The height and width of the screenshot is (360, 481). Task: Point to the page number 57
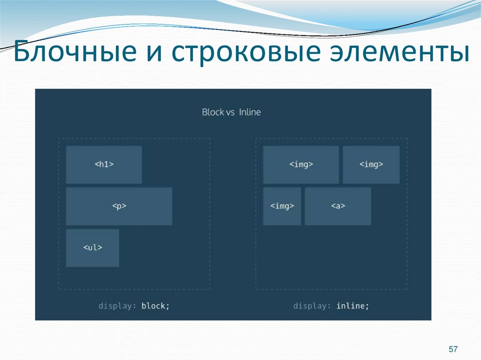coord(453,349)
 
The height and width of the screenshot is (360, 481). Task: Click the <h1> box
coord(104,164)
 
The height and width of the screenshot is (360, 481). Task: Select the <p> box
coord(119,206)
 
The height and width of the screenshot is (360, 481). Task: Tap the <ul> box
coord(93,248)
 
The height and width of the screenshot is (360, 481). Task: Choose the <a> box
coord(338,206)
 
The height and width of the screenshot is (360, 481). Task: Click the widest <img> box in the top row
coord(301,164)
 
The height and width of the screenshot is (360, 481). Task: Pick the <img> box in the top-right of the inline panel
coord(371,164)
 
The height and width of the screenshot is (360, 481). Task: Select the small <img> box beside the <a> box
coord(282,206)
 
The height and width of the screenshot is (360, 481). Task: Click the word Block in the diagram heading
coord(213,112)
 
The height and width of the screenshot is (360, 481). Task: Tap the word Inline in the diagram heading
coord(249,112)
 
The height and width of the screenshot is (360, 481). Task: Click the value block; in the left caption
coord(155,306)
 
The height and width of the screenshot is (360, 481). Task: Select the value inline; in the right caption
coord(353,306)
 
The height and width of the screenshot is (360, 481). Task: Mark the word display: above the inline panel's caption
coord(312,306)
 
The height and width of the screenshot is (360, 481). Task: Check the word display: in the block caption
coord(117,306)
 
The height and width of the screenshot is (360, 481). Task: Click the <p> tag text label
coord(119,206)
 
